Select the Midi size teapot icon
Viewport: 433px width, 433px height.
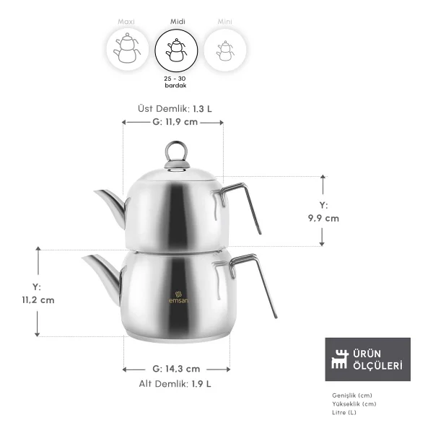coord(176,51)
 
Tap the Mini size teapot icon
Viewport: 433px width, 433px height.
coord(225,51)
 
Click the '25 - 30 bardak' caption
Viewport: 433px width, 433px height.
coord(175,82)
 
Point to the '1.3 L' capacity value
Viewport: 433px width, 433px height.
coord(202,109)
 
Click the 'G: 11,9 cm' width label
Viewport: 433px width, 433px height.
coord(175,122)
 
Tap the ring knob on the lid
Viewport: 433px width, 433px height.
coord(177,152)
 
